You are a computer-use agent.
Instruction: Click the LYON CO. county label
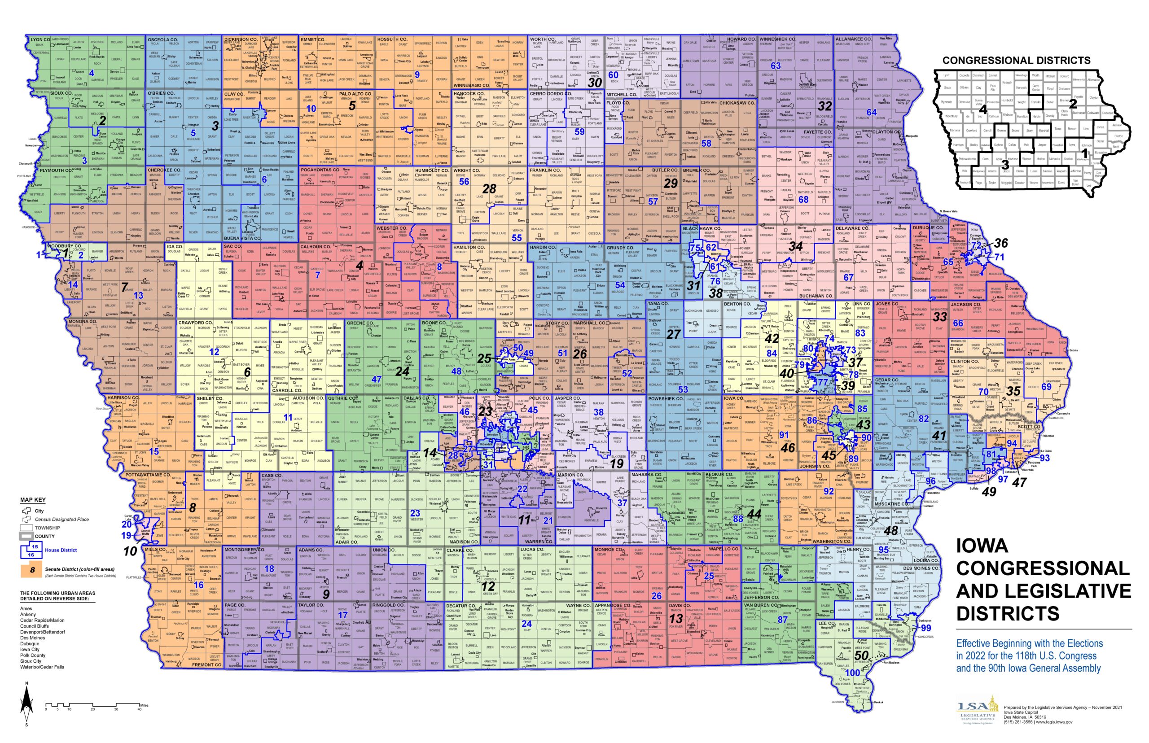coord(40,39)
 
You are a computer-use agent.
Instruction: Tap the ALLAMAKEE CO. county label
coord(853,39)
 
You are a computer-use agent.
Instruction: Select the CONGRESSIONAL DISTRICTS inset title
coord(1016,60)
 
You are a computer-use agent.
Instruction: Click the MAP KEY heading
coord(33,500)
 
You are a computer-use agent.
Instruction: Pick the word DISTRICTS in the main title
coord(1008,614)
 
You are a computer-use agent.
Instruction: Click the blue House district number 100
coord(853,673)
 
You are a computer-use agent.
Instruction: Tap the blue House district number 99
coord(925,628)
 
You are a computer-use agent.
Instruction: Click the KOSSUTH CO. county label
coord(392,39)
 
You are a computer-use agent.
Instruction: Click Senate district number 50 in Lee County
coord(861,655)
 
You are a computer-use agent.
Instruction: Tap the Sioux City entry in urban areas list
coord(31,661)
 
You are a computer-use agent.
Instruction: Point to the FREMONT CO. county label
coord(207,665)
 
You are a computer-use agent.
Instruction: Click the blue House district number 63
coord(776,66)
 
